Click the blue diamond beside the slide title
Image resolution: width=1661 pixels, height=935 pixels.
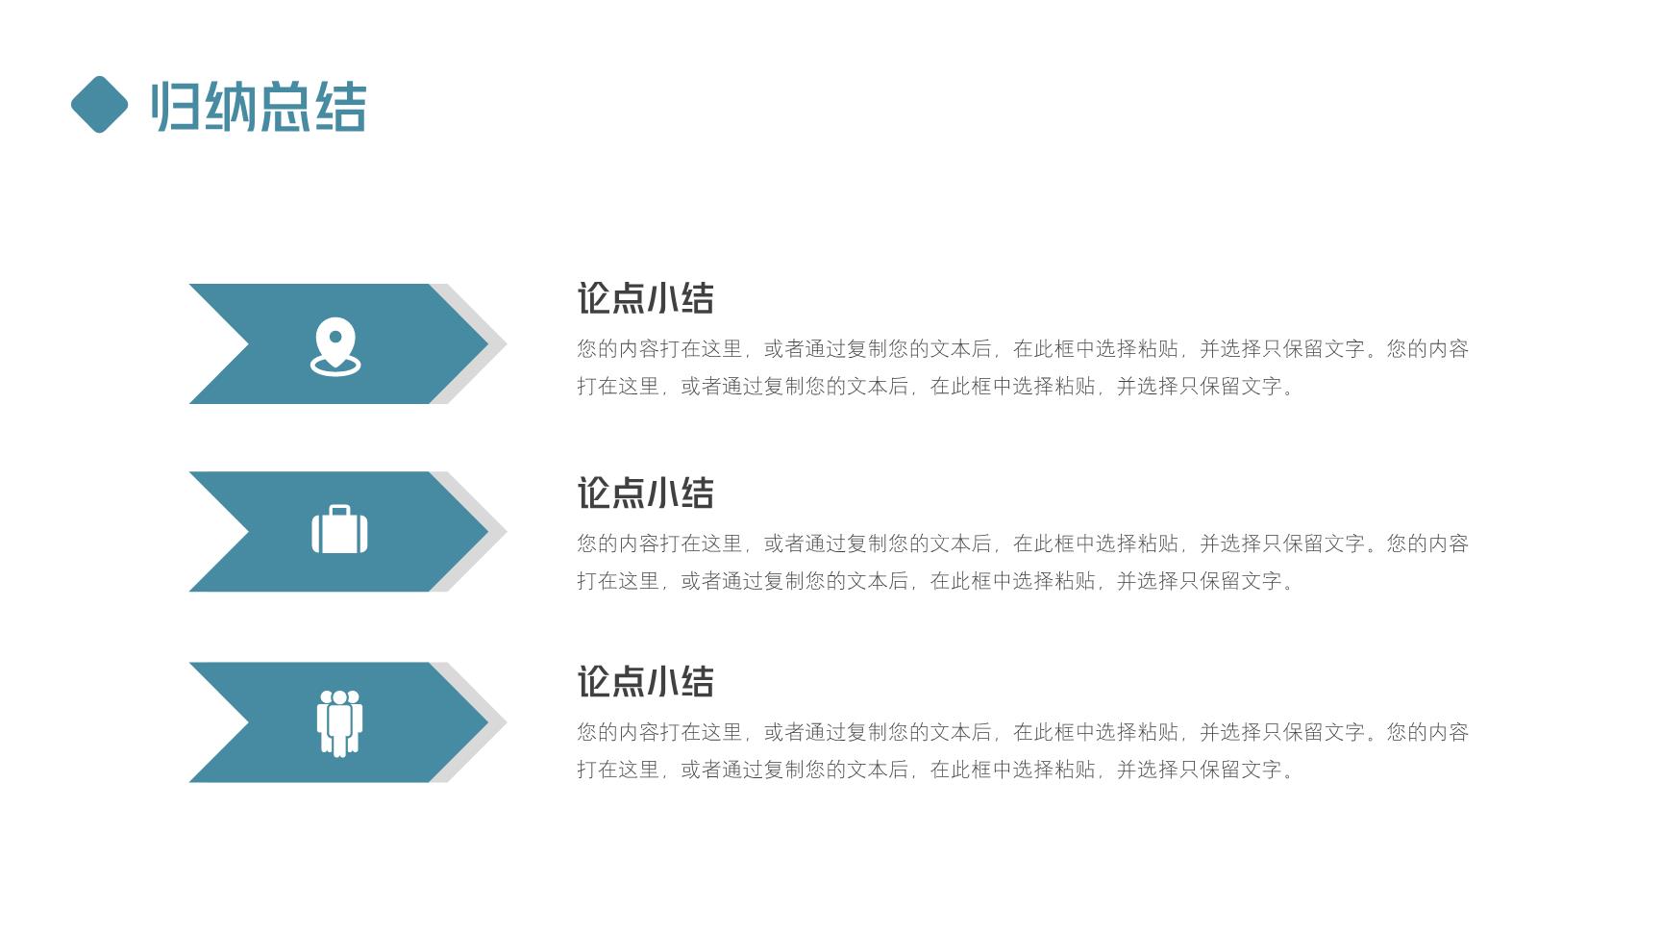pos(99,104)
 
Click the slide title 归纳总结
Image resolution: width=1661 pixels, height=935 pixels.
pos(259,106)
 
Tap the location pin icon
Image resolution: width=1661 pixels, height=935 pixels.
pos(335,346)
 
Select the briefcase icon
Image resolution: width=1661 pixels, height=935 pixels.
pos(339,529)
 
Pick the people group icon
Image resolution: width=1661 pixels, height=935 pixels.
pos(339,723)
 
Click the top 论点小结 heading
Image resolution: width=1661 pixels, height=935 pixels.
pos(645,298)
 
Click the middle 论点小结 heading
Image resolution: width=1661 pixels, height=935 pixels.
pos(645,493)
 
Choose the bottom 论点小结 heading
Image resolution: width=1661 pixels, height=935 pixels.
pos(645,682)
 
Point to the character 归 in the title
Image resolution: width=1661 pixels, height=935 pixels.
pos(177,106)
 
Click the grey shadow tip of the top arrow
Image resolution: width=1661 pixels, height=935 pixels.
pos(506,343)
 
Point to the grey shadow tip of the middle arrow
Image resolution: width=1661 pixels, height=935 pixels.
pos(506,531)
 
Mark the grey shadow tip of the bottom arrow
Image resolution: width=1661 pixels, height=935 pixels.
pos(506,721)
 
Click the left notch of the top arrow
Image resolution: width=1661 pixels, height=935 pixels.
pos(248,343)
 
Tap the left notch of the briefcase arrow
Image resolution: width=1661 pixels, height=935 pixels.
pos(248,531)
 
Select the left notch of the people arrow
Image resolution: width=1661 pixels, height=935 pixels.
pos(248,721)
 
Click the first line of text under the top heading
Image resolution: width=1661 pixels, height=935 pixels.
pos(1023,349)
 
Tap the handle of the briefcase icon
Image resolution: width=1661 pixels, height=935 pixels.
pos(339,510)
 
